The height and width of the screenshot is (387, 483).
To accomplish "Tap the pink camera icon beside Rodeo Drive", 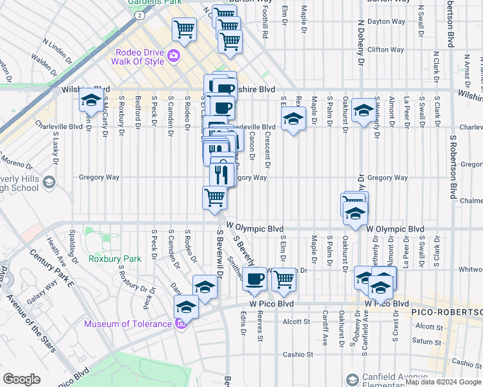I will point(173,57).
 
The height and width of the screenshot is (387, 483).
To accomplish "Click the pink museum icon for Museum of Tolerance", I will point(181,322).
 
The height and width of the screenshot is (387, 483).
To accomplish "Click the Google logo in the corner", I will point(21,379).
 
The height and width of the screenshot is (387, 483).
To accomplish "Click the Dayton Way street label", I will point(385,21).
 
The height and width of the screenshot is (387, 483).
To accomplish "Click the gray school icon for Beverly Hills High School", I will point(48,183).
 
